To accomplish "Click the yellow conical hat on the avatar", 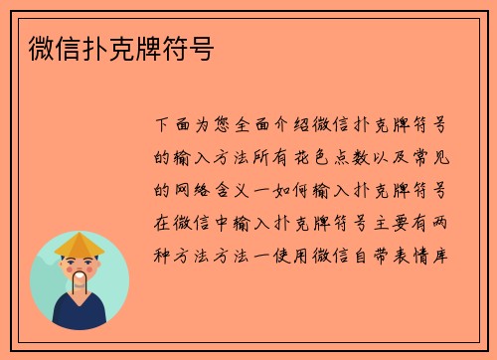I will pyautogui.click(x=80, y=243).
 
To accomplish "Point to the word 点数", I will pyautogui.click(x=370, y=158).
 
